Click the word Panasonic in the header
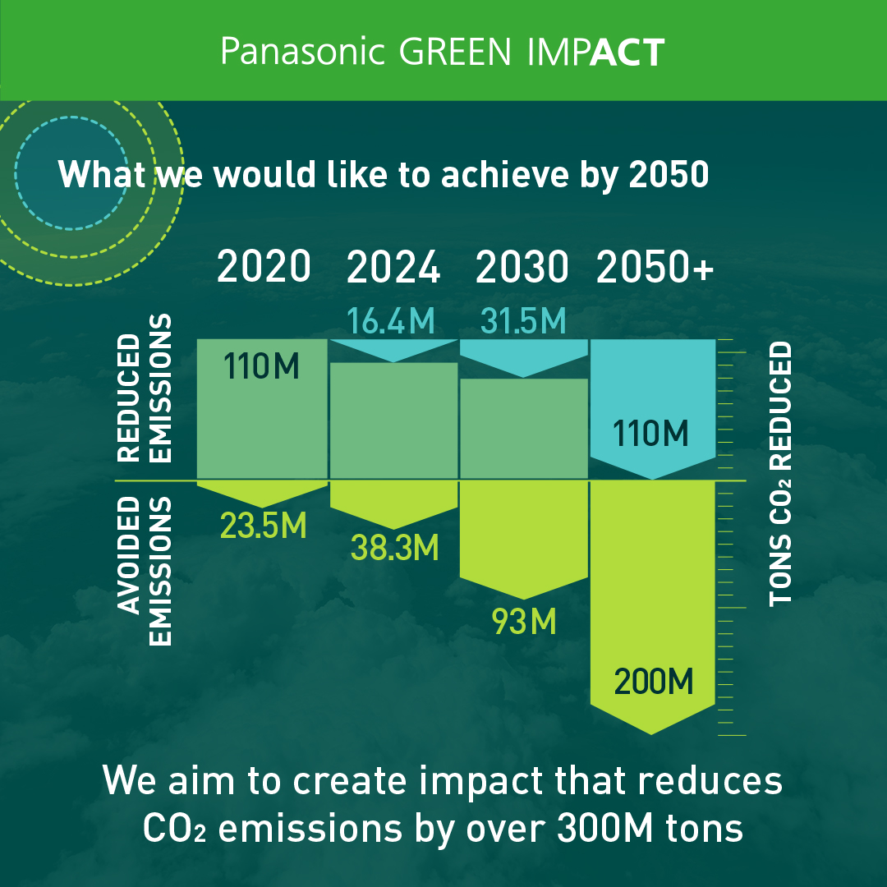(x=302, y=52)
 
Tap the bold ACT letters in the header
(x=627, y=52)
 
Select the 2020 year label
(x=264, y=266)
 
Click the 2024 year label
(x=393, y=266)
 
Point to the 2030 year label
(x=522, y=266)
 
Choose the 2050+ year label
(x=655, y=266)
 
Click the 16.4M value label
(x=391, y=321)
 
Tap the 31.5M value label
(x=523, y=321)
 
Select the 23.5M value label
(x=263, y=526)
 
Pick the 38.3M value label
(x=395, y=548)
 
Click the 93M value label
(x=524, y=621)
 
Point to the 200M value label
(x=654, y=681)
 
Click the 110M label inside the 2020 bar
(x=261, y=365)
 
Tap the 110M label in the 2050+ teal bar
(x=650, y=434)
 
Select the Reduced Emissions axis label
(x=145, y=388)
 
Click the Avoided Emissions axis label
(x=145, y=572)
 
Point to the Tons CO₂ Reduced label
(x=781, y=474)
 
